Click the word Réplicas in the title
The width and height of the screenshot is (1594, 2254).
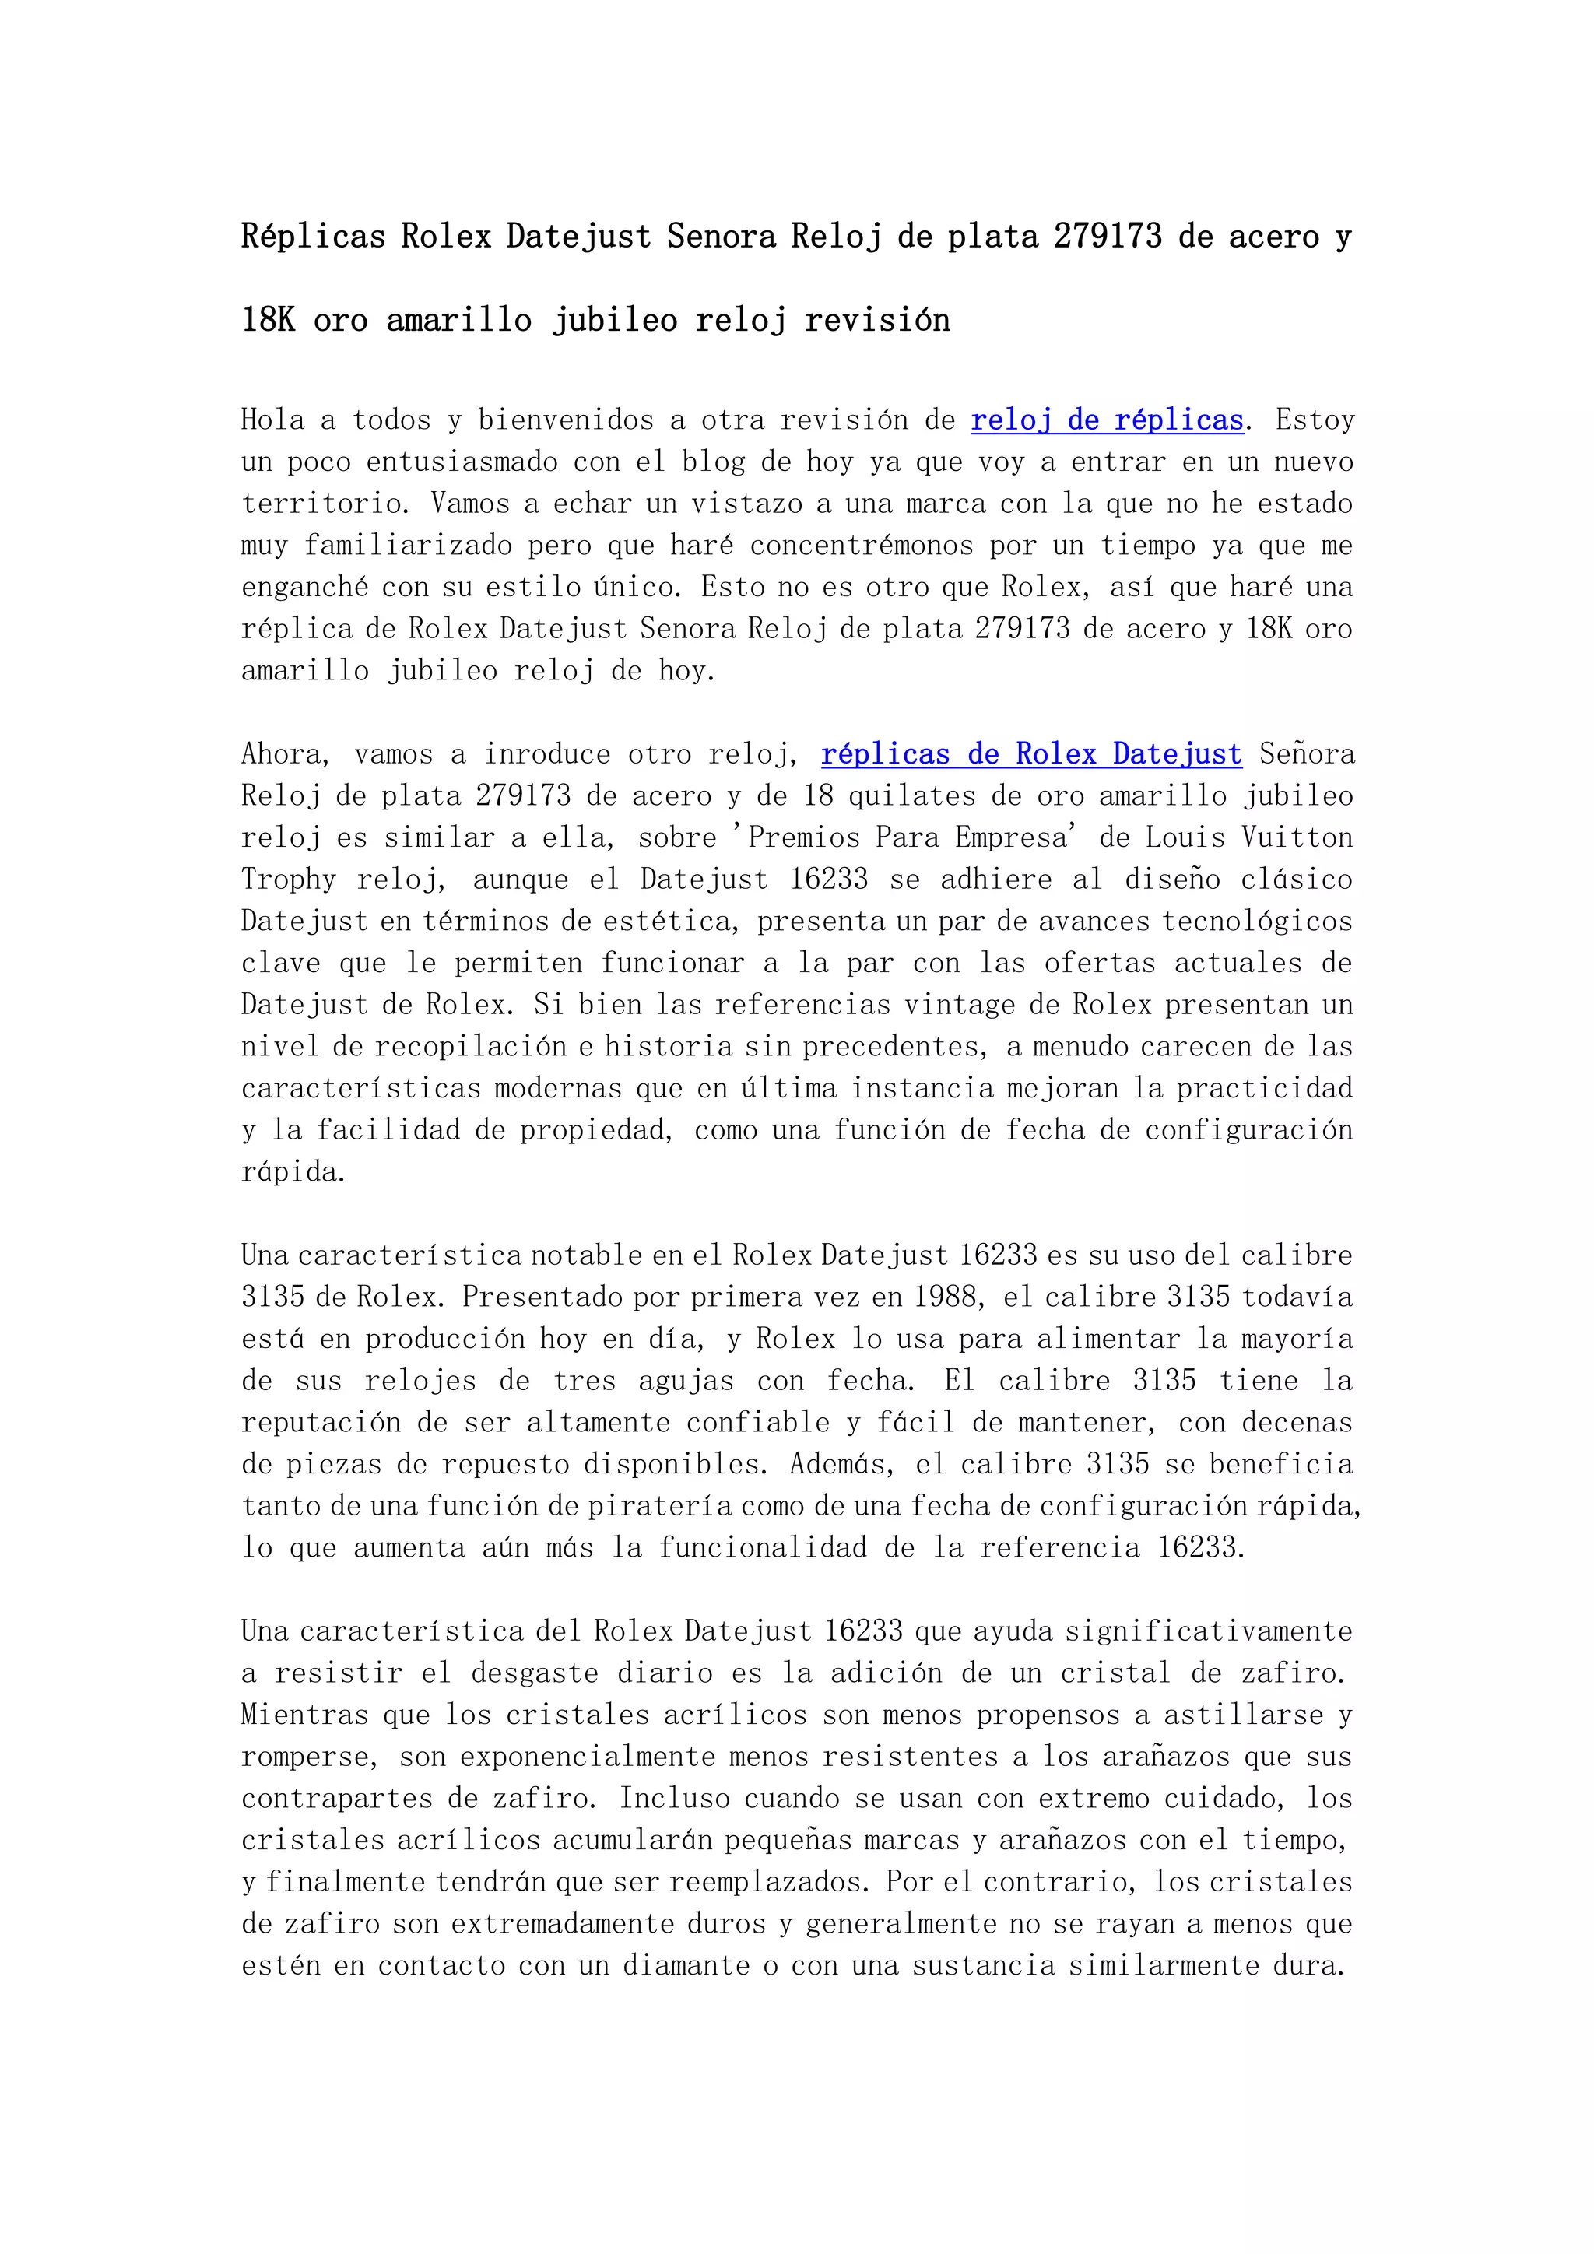coord(313,237)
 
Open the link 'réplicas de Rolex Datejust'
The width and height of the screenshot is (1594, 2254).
coord(1030,754)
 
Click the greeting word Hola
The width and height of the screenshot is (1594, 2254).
coord(273,420)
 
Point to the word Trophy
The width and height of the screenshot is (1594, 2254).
coord(289,879)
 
